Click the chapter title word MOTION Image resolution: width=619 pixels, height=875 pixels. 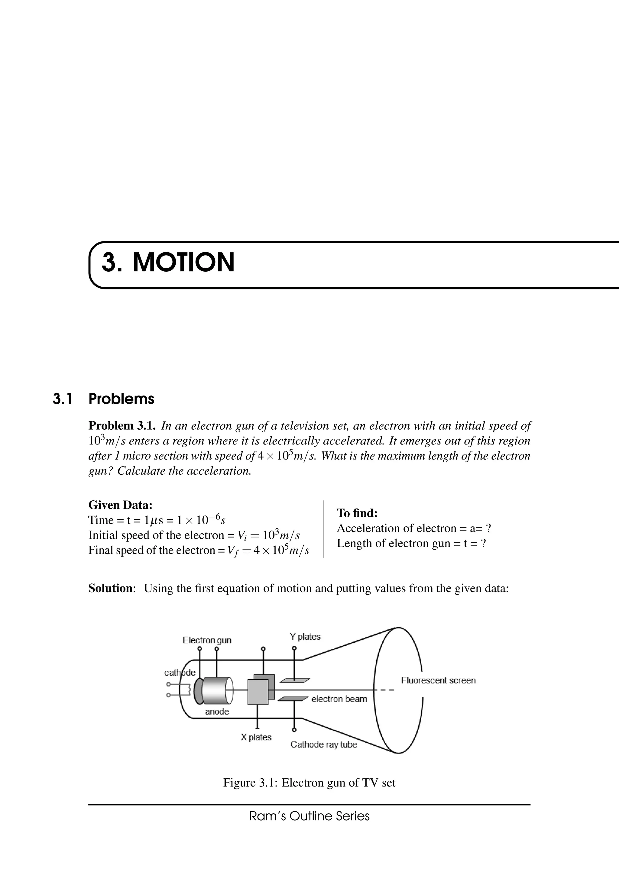pos(183,263)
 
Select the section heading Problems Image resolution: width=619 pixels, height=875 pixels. pos(121,399)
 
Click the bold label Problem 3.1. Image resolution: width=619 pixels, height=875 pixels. pos(122,426)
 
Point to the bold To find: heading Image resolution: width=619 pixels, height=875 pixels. pos(357,513)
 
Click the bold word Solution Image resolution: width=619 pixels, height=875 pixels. pos(110,588)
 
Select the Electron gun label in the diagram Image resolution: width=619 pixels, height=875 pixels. pos(207,640)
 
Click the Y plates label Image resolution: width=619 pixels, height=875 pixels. pos(305,636)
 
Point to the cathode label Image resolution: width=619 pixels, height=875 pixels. pos(180,673)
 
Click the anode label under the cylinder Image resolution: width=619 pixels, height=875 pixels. pos(217,712)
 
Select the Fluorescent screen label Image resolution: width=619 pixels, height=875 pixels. pos(438,680)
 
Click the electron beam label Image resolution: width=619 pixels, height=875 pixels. pos(339,699)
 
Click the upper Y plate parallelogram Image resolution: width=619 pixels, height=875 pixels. pos(295,680)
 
